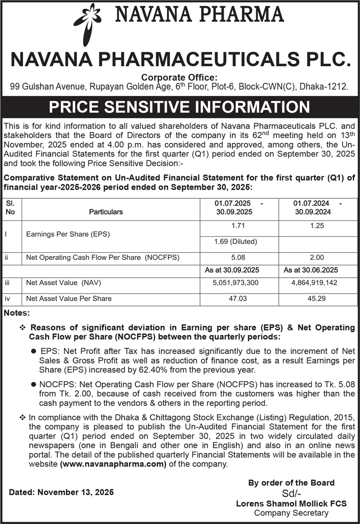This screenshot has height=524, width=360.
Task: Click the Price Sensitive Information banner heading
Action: (180, 106)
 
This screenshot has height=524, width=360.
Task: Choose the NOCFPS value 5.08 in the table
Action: (239, 257)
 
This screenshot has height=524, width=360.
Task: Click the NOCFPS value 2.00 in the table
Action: (318, 257)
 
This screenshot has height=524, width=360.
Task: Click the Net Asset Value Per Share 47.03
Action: (239, 298)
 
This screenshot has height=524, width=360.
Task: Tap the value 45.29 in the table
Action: (318, 298)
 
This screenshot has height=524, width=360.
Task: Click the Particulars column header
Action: (106, 211)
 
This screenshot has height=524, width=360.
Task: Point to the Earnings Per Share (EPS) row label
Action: (68, 234)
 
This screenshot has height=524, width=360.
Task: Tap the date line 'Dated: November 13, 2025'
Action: (61, 492)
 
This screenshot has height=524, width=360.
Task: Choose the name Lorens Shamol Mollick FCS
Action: (298, 503)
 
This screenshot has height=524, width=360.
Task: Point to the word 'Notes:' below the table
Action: (17, 313)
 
